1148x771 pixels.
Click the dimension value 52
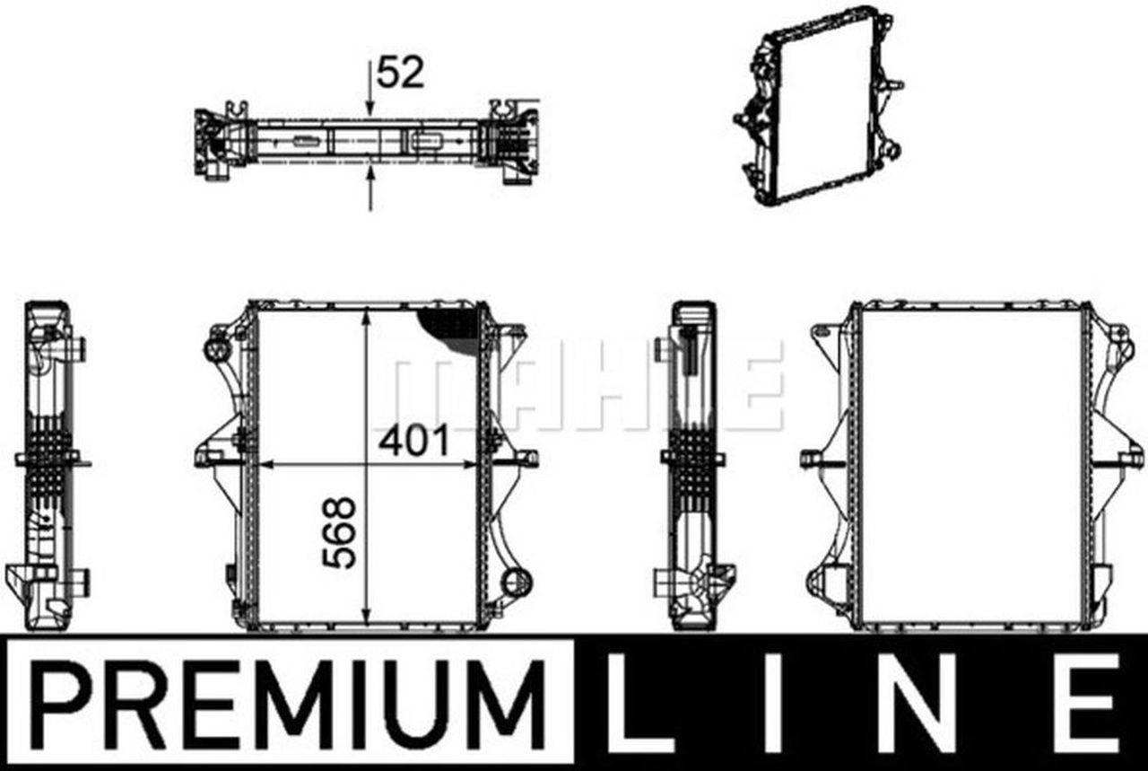pyautogui.click(x=400, y=73)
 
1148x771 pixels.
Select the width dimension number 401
pyautogui.click(x=413, y=442)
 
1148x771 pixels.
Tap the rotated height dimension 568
pyautogui.click(x=340, y=532)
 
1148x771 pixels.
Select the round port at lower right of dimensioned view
pyautogui.click(x=516, y=582)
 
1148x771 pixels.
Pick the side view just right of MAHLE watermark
pyautogui.click(x=692, y=462)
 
